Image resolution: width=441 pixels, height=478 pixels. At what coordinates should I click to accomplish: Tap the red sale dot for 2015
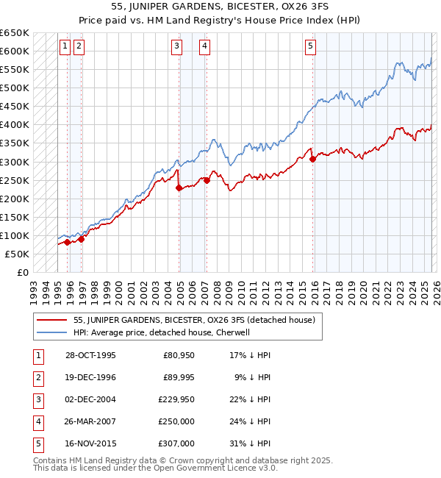click(312, 159)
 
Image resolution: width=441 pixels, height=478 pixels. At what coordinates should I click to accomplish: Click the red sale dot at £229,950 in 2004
click(179, 188)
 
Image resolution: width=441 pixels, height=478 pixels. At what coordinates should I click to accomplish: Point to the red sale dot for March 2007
click(207, 180)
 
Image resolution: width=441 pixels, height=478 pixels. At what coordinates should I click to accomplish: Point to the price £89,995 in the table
click(179, 378)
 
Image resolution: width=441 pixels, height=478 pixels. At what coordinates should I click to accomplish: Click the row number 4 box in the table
click(37, 421)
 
